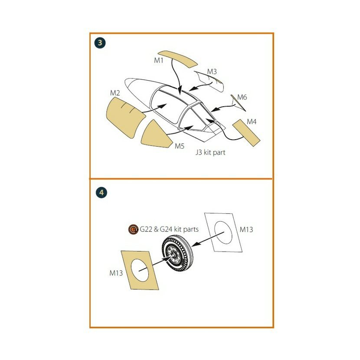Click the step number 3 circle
100,43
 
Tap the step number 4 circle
101,193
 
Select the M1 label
159,60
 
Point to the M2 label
115,93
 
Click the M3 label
212,72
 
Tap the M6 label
242,97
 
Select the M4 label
252,122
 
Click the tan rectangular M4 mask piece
246,133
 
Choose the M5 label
180,146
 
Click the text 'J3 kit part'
210,152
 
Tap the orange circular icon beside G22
133,229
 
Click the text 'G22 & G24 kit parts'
169,229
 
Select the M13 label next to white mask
246,229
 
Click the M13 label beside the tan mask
116,273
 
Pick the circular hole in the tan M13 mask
140,270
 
